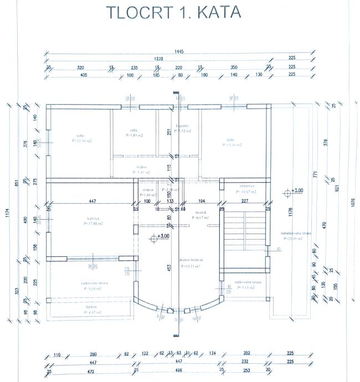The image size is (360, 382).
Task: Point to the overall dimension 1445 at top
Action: pyautogui.click(x=179, y=51)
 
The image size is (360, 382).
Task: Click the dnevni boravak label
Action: pyautogui.click(x=189, y=260)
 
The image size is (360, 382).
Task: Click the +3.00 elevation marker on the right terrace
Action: pyautogui.click(x=295, y=192)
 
